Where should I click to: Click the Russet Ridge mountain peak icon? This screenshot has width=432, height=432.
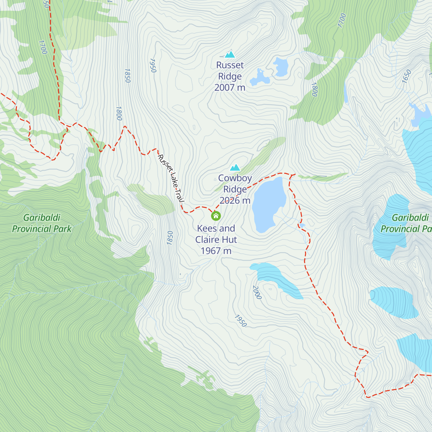click(x=230, y=54)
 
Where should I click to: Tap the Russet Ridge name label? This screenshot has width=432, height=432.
click(x=230, y=71)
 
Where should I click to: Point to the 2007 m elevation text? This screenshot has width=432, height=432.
click(x=230, y=87)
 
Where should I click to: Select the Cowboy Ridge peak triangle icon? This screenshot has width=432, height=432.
click(x=235, y=167)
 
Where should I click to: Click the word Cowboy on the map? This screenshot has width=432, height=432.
click(x=235, y=178)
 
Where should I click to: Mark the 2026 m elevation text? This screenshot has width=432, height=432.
click(x=235, y=201)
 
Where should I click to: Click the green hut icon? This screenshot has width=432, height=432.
click(x=216, y=216)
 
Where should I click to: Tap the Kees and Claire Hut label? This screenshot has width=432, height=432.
click(x=216, y=234)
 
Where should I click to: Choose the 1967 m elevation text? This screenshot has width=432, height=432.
click(x=216, y=251)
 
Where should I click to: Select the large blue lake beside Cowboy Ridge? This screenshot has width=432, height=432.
click(x=268, y=203)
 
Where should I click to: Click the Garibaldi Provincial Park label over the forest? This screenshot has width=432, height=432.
click(x=42, y=223)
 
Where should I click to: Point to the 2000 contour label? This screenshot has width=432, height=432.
click(x=257, y=292)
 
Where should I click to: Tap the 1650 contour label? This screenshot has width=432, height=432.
click(x=406, y=77)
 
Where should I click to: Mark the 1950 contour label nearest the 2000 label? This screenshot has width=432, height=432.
click(x=240, y=321)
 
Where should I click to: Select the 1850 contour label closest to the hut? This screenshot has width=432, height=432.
click(x=170, y=238)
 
